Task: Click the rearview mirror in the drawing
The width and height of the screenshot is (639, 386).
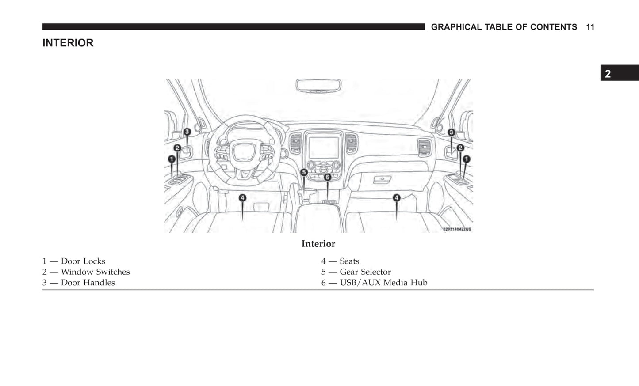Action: pos(318,86)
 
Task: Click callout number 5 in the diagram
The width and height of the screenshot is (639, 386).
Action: pos(304,172)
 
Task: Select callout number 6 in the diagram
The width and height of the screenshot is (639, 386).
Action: pos(328,177)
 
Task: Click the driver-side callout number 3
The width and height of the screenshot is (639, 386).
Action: pos(187,132)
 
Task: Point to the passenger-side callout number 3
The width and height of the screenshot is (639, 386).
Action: pos(451,132)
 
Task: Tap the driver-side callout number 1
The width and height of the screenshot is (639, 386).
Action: pos(172,159)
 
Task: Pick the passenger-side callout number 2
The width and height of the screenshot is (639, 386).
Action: pos(460,148)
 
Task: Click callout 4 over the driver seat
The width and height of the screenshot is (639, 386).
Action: pos(242,198)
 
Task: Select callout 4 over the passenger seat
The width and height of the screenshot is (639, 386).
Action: pos(397,198)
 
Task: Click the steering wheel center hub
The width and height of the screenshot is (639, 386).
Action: pos(243,152)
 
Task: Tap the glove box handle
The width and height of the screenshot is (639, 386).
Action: pos(382,179)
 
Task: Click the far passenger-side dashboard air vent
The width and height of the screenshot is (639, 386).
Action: pos(425,147)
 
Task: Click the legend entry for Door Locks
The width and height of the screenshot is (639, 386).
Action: pos(74,261)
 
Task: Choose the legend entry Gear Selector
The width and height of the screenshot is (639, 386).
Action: pos(356,272)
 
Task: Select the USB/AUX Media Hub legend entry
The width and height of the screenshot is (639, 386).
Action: pos(374,283)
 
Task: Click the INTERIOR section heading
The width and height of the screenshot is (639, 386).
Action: pos(68,43)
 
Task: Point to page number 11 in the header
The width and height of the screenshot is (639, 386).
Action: pos(590,27)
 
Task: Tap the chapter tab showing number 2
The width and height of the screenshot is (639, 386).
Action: pos(620,73)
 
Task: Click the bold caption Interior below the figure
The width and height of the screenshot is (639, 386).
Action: pos(318,244)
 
